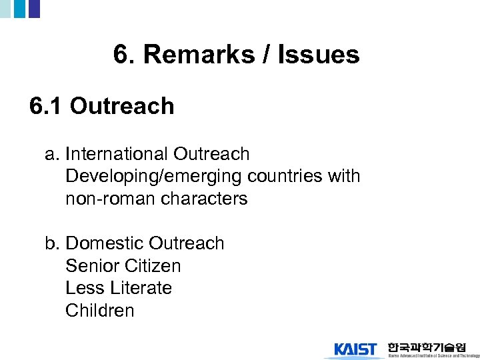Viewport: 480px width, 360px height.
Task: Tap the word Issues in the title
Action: click(318, 55)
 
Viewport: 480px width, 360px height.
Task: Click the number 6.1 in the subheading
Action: click(46, 106)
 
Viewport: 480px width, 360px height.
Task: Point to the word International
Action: click(117, 154)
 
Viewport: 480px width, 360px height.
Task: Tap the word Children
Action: click(99, 311)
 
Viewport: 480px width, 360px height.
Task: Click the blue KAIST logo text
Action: click(355, 349)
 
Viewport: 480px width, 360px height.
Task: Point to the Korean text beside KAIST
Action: click(427, 346)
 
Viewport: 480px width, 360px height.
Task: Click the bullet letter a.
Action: click(52, 154)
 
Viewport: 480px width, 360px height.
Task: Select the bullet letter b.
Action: click(52, 243)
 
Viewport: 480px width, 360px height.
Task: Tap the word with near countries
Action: click(344, 177)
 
